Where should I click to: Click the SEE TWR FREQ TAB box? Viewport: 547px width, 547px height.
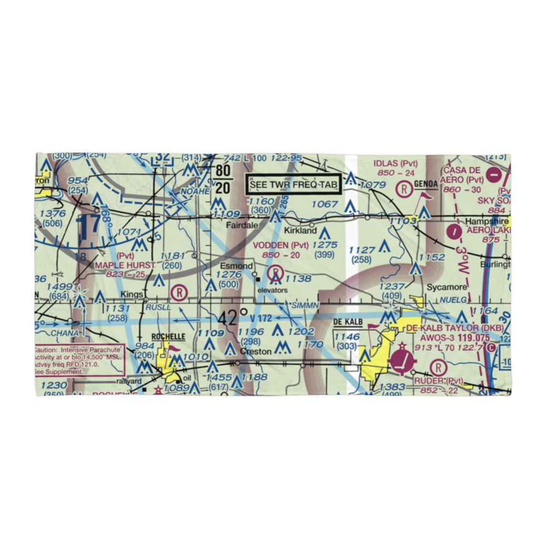tap(293, 185)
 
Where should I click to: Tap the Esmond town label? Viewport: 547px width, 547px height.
tap(240, 266)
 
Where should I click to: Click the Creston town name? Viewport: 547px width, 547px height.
tap(256, 351)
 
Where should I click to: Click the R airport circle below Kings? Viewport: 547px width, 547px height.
tap(178, 293)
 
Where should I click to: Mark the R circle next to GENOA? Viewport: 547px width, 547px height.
tap(404, 189)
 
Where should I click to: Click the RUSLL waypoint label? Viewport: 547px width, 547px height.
tap(159, 308)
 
